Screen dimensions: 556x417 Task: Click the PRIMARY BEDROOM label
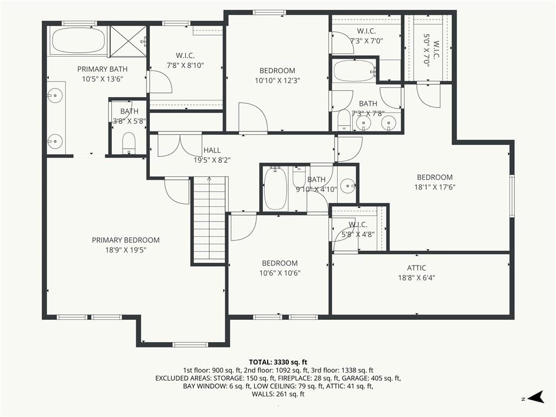click(x=125, y=240)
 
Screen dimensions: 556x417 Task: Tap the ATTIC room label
click(x=416, y=268)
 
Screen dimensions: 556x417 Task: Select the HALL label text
click(x=212, y=150)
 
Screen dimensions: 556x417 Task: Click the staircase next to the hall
click(x=210, y=220)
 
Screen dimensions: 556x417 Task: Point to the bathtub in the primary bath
click(x=78, y=40)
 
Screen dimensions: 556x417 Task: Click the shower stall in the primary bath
click(x=128, y=41)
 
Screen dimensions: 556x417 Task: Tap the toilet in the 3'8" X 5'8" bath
click(x=129, y=143)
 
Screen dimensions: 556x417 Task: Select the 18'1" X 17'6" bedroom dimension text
click(x=435, y=187)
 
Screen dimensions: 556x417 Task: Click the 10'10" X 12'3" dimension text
click(x=277, y=80)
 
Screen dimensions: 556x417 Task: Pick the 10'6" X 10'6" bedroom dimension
click(x=280, y=273)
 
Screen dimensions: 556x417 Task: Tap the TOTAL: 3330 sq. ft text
click(x=278, y=362)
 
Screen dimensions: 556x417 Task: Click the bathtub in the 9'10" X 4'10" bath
click(x=275, y=188)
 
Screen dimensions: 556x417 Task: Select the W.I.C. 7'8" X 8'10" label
click(x=185, y=60)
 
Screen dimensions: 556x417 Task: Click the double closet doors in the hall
click(x=180, y=144)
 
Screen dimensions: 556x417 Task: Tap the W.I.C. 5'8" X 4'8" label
click(x=358, y=230)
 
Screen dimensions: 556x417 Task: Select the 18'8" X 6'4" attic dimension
click(x=416, y=277)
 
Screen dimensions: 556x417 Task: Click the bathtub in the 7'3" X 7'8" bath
click(x=354, y=71)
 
